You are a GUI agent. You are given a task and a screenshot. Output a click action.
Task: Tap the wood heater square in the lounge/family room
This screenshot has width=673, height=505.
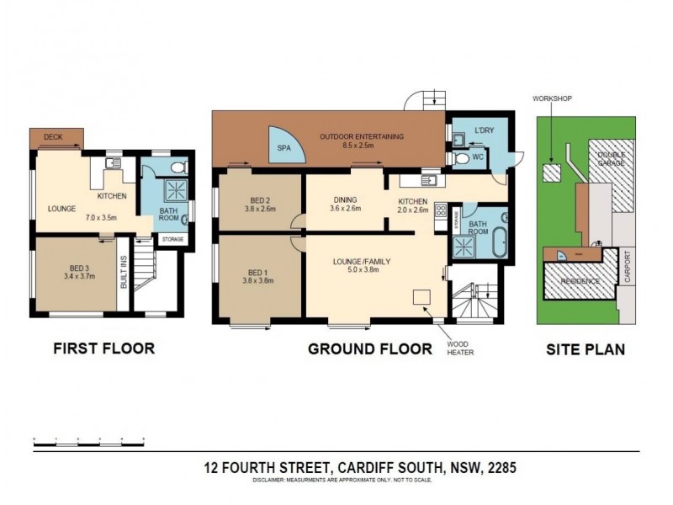(421, 296)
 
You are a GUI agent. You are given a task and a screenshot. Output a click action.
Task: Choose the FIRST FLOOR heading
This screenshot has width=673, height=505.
(104, 348)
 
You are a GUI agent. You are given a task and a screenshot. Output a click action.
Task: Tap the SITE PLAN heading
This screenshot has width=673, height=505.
(585, 348)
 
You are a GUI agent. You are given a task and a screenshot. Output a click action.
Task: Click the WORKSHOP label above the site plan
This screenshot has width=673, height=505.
(551, 98)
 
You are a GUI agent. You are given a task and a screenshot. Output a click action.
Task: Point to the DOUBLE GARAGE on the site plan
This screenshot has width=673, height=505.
(611, 157)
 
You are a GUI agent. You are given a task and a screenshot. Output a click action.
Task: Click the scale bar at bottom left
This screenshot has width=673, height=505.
(88, 440)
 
